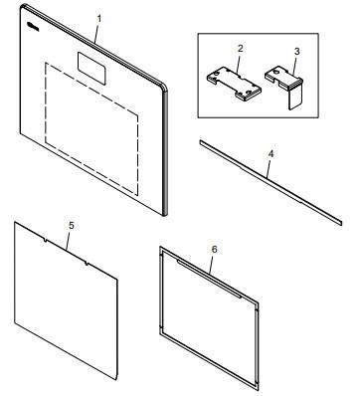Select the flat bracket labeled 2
tap(235, 80)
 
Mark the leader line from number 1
tap(97, 31)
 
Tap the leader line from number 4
tap(269, 166)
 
